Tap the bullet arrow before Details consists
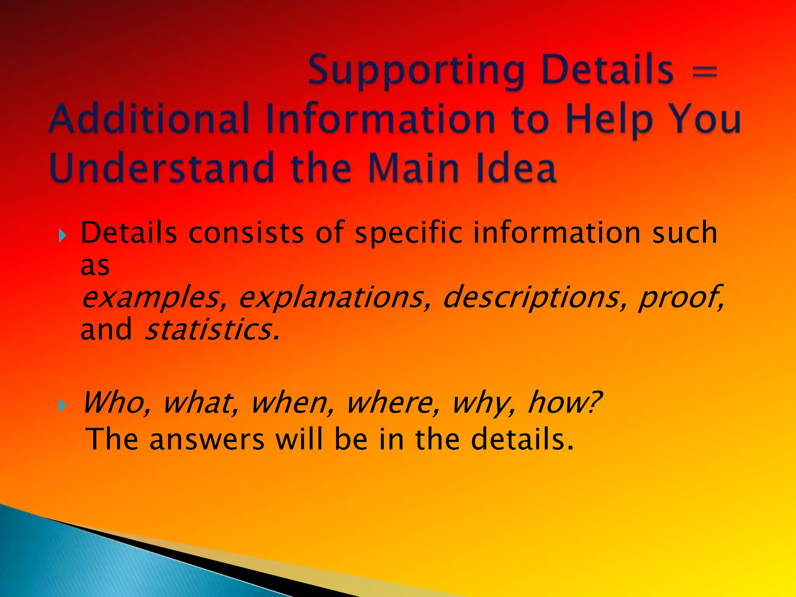pyautogui.click(x=63, y=235)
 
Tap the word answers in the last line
pyautogui.click(x=207, y=439)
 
